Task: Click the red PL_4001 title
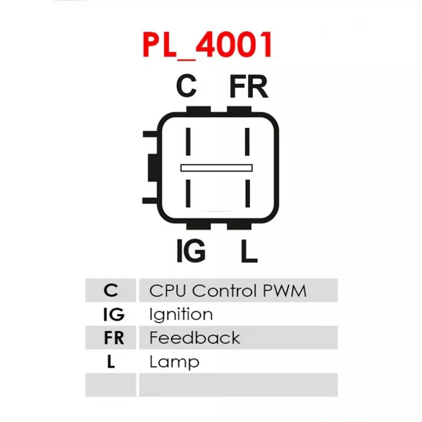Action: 207,45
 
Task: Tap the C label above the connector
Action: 187,86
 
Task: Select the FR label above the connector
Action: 248,86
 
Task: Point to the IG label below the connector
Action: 191,251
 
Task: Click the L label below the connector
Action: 249,251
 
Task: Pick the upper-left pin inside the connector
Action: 188,141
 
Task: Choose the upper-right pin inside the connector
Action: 247,141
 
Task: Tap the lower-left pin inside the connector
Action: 188,193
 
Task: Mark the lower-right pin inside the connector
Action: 247,193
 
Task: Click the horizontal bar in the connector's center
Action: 216,168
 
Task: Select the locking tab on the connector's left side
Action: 153,167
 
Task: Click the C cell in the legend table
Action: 111,290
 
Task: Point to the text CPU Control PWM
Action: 228,291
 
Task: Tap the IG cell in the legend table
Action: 113,314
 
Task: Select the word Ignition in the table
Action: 181,314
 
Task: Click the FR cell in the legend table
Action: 114,338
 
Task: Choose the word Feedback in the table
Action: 195,338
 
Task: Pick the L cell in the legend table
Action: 111,361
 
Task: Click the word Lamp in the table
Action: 174,362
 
